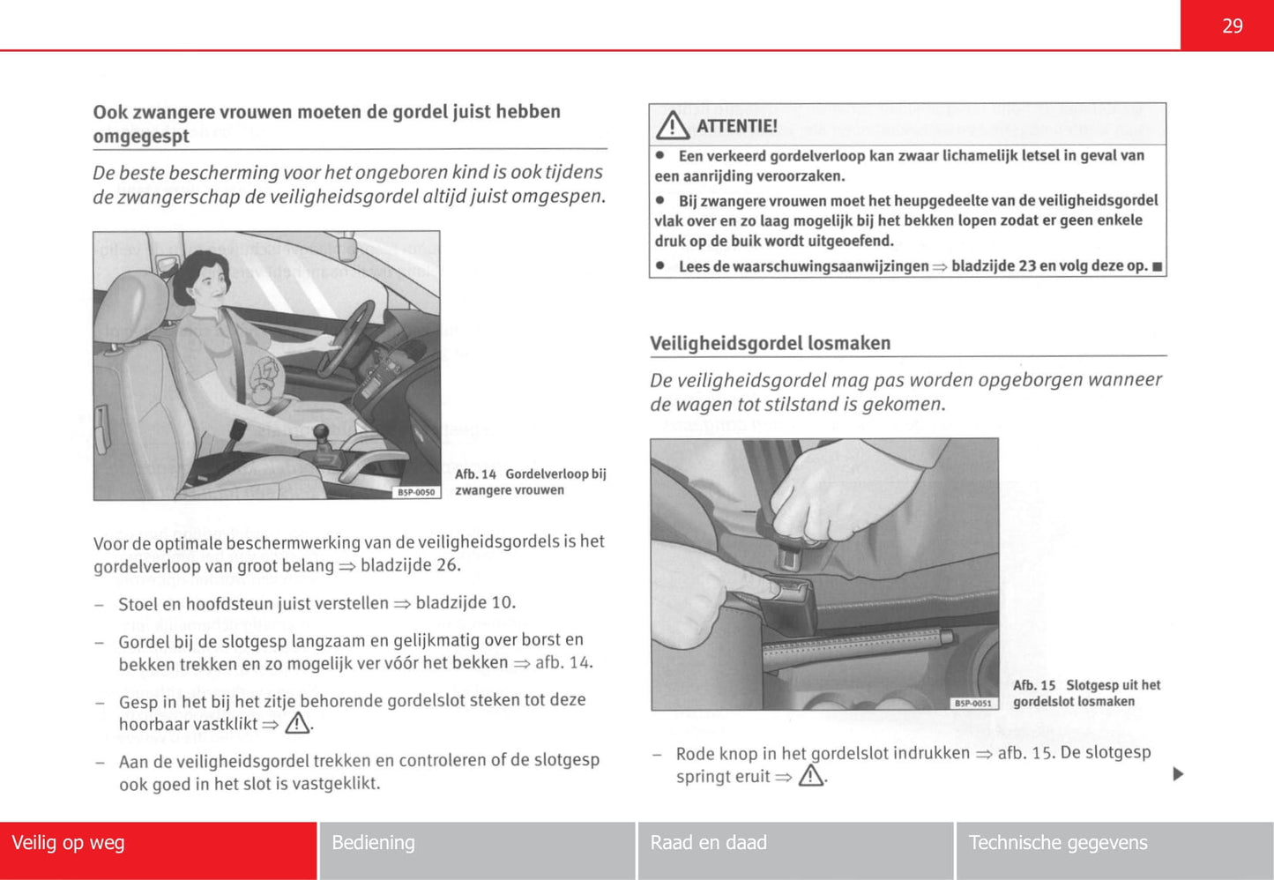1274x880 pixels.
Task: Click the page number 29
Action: [x=1232, y=26]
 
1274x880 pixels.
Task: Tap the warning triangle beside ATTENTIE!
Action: [x=673, y=125]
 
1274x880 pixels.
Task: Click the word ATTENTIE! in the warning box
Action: [x=737, y=126]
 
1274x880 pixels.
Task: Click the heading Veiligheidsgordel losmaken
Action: [x=770, y=343]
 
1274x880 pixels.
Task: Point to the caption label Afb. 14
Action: [x=475, y=474]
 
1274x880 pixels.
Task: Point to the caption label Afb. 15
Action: [x=1034, y=685]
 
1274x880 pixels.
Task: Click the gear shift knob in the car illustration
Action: [x=322, y=432]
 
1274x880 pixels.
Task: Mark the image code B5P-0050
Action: [x=416, y=492]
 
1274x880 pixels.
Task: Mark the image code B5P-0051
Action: [x=973, y=703]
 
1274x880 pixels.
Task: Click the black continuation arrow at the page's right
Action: [x=1178, y=774]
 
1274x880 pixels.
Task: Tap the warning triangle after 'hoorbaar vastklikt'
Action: [x=297, y=724]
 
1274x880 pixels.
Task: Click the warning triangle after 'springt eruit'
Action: [x=810, y=776]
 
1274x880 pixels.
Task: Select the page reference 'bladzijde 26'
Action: [x=409, y=565]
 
